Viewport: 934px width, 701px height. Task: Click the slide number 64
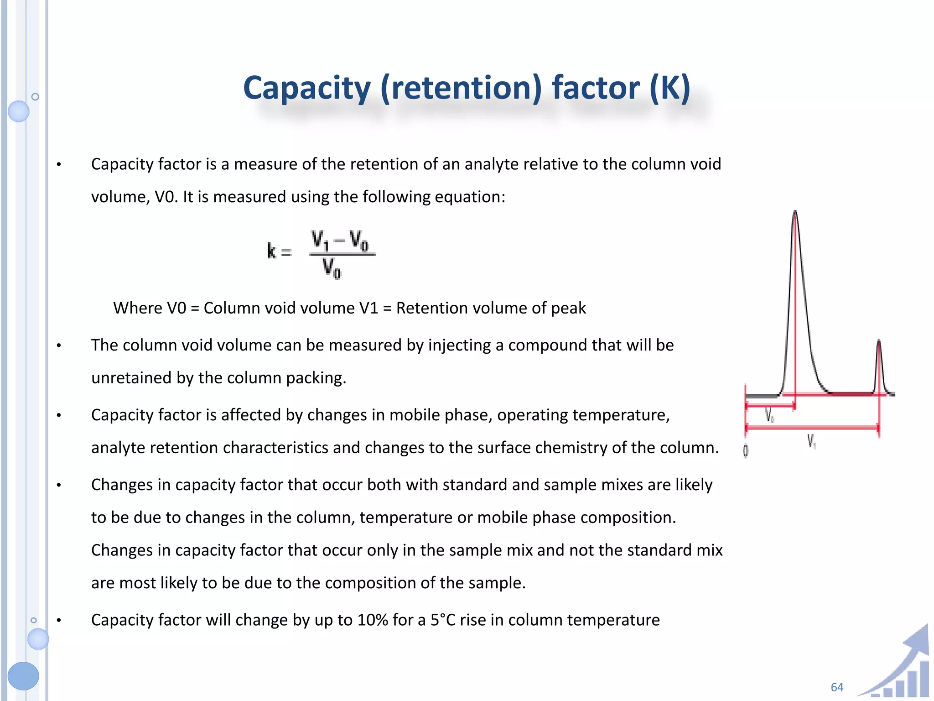[837, 687]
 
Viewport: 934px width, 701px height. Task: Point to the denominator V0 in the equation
[332, 268]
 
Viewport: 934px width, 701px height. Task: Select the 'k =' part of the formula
[279, 251]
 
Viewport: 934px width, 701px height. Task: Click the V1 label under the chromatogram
[811, 441]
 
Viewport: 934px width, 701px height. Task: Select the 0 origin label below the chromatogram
[746, 451]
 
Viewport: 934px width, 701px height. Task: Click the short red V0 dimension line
[770, 405]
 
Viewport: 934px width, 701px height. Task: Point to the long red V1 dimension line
[812, 428]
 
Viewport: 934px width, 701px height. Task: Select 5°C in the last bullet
[443, 620]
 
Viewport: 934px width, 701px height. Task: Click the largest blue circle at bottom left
[23, 676]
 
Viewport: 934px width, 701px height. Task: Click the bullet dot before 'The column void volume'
[59, 346]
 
